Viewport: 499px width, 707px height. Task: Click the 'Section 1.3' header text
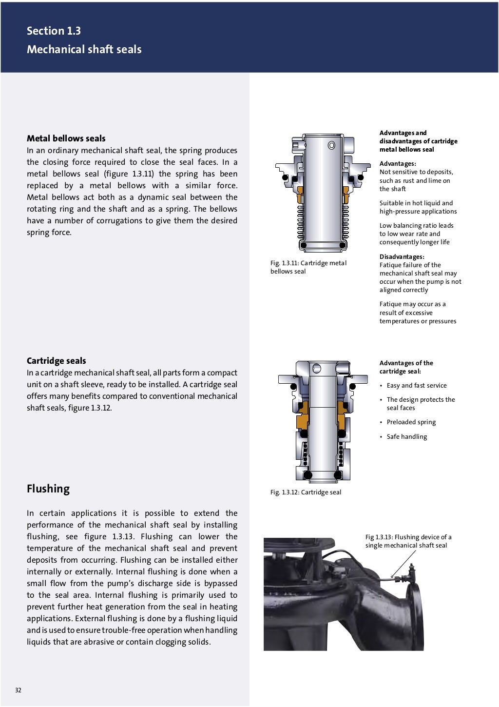point(54,31)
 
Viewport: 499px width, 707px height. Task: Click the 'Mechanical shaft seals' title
point(84,49)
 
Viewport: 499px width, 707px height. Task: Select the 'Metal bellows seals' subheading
point(66,138)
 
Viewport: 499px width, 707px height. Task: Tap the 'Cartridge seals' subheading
point(56,361)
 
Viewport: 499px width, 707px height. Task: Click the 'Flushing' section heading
point(48,489)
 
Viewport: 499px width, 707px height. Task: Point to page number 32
point(18,690)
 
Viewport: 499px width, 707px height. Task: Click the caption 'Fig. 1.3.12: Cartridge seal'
point(306,492)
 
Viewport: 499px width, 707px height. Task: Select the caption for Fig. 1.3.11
point(308,267)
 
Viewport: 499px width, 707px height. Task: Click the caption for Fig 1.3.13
point(408,541)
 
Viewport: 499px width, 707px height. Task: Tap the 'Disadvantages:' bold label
point(402,256)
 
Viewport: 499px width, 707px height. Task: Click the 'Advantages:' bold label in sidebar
point(398,164)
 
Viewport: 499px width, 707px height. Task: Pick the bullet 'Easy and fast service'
point(416,385)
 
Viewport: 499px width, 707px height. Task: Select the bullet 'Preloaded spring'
point(411,422)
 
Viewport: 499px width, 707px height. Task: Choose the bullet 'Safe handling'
point(406,436)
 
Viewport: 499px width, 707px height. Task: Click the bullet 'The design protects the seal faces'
point(420,404)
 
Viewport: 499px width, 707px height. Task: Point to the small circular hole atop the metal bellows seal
point(331,145)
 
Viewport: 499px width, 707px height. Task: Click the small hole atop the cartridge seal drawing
point(317,367)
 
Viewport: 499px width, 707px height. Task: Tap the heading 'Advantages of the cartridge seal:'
point(406,367)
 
